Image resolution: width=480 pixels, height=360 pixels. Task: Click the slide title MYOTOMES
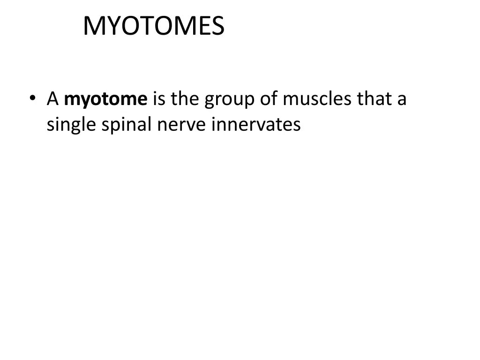[154, 26]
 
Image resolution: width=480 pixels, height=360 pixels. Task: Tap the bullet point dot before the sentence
[32, 99]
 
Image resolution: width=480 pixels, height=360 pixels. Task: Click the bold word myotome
[106, 100]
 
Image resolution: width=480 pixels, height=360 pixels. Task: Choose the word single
[69, 125]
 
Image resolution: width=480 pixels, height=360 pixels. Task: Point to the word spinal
[124, 125]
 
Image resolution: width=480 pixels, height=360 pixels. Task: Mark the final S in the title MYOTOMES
[217, 26]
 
